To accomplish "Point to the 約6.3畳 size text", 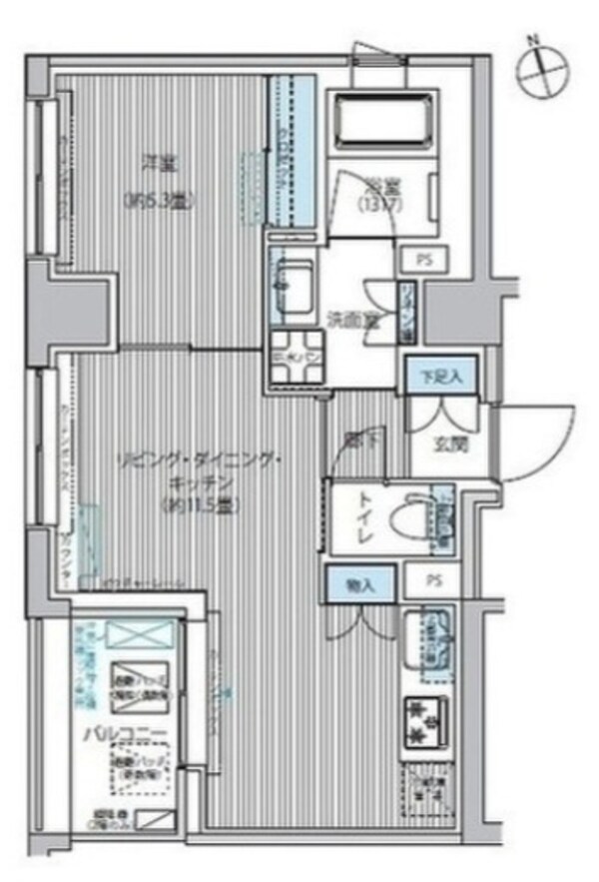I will pos(158,200).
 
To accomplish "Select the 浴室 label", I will pos(376,186).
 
